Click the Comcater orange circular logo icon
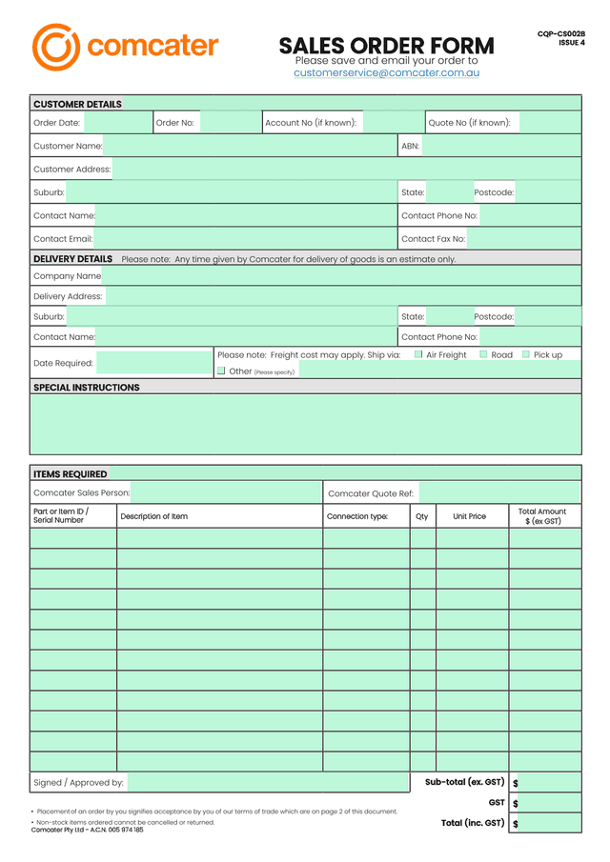click(x=55, y=47)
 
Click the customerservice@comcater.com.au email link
click(x=386, y=72)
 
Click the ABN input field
click(x=500, y=146)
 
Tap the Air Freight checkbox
click(x=418, y=354)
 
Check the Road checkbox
click(x=483, y=354)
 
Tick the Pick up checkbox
click(x=525, y=354)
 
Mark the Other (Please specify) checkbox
click(x=221, y=371)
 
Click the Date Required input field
click(x=155, y=363)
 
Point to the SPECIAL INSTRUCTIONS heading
click(x=87, y=388)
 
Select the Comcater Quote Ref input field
click(x=499, y=493)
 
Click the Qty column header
click(x=422, y=516)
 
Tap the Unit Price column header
click(x=469, y=516)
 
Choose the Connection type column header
click(x=357, y=516)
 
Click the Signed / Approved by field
click(x=268, y=783)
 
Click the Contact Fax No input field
click(x=523, y=239)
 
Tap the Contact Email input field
click(x=245, y=239)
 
